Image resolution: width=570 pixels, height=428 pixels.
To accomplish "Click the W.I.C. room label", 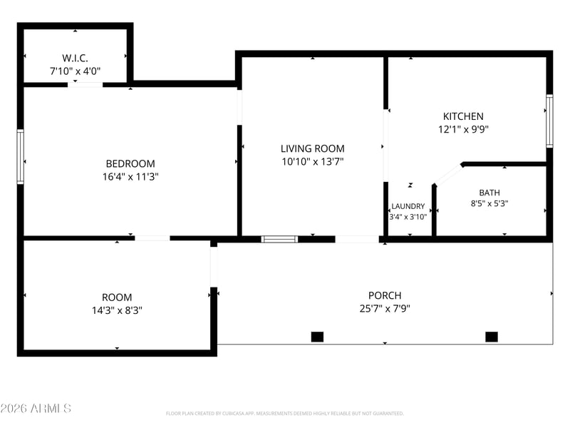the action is click(x=75, y=58).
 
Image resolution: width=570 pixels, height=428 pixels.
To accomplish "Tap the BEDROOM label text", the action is click(x=130, y=163).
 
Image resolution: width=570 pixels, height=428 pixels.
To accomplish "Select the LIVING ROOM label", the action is click(x=312, y=148).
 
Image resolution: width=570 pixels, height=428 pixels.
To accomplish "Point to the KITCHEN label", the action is click(x=463, y=116).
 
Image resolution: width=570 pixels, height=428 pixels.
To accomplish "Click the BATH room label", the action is click(x=489, y=193).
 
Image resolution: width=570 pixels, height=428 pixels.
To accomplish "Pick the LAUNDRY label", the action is click(x=408, y=206).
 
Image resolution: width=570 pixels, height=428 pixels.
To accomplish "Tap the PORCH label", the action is click(x=385, y=295).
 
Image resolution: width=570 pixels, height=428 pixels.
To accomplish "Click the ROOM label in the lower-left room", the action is click(x=117, y=297).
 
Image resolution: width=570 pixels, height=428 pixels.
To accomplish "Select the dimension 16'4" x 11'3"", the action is click(x=130, y=177).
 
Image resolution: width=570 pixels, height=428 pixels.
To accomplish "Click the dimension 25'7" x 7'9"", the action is click(x=385, y=309).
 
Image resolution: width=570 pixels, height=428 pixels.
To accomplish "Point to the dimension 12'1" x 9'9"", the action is click(x=463, y=129).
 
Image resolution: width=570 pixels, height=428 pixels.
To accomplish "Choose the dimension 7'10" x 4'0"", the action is click(x=75, y=71).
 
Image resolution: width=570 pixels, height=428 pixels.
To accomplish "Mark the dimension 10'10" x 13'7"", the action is click(x=312, y=162).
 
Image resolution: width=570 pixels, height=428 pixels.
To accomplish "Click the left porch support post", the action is click(x=317, y=337).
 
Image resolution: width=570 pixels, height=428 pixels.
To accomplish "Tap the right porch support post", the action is click(x=492, y=337).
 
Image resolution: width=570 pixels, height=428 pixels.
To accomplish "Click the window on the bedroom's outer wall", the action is click(x=21, y=156).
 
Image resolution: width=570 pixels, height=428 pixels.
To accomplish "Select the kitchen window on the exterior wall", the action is click(x=549, y=121).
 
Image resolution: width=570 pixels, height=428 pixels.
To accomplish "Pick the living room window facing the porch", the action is click(x=279, y=239).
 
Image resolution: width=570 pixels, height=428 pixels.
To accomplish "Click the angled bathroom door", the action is click(x=448, y=175).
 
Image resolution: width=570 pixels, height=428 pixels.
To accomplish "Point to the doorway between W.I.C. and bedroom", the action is click(x=85, y=85).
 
